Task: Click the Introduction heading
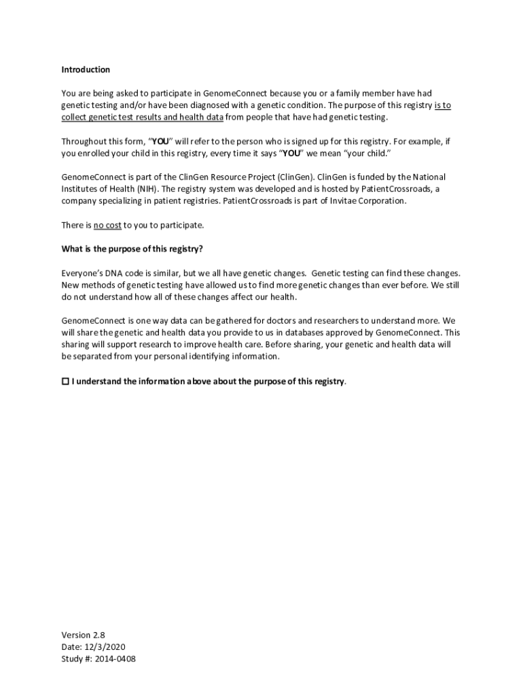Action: click(x=86, y=69)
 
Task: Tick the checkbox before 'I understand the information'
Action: click(x=65, y=381)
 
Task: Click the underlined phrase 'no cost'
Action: click(x=107, y=225)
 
